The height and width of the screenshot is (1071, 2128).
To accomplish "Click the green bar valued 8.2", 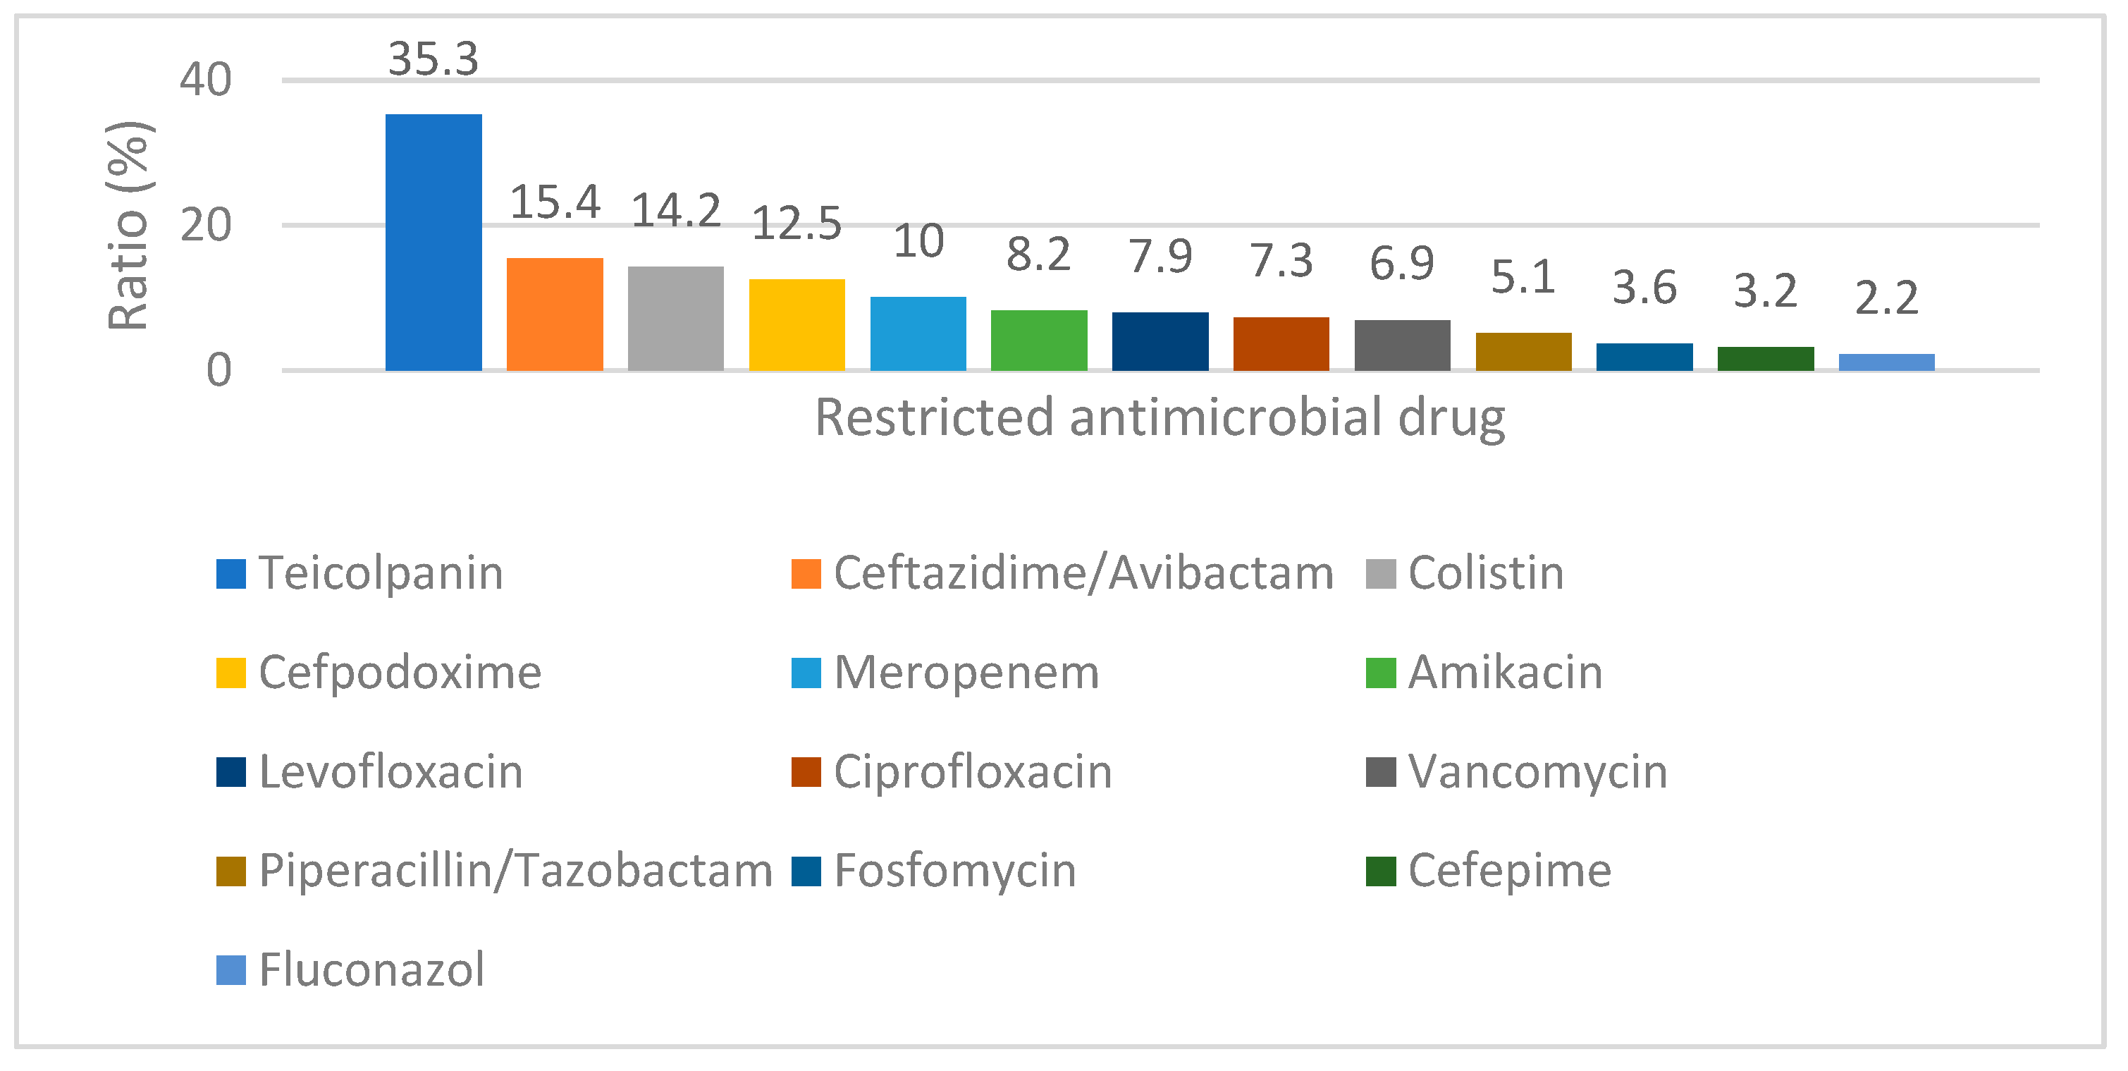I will coord(1038,341).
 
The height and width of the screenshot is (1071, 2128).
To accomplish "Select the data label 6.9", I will coord(1402,263).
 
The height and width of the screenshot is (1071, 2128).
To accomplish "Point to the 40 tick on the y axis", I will coord(206,80).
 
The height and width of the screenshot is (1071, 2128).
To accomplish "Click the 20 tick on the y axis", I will coord(206,225).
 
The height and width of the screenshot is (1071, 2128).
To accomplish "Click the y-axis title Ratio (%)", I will coord(129,225).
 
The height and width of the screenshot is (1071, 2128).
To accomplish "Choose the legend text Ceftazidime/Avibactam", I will coord(1083,573).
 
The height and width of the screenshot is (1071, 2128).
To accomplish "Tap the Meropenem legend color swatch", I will coord(806,673).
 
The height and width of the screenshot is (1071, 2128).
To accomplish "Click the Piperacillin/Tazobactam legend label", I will coord(515,870).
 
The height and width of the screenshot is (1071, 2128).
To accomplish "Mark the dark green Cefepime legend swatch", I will coord(1380,871).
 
